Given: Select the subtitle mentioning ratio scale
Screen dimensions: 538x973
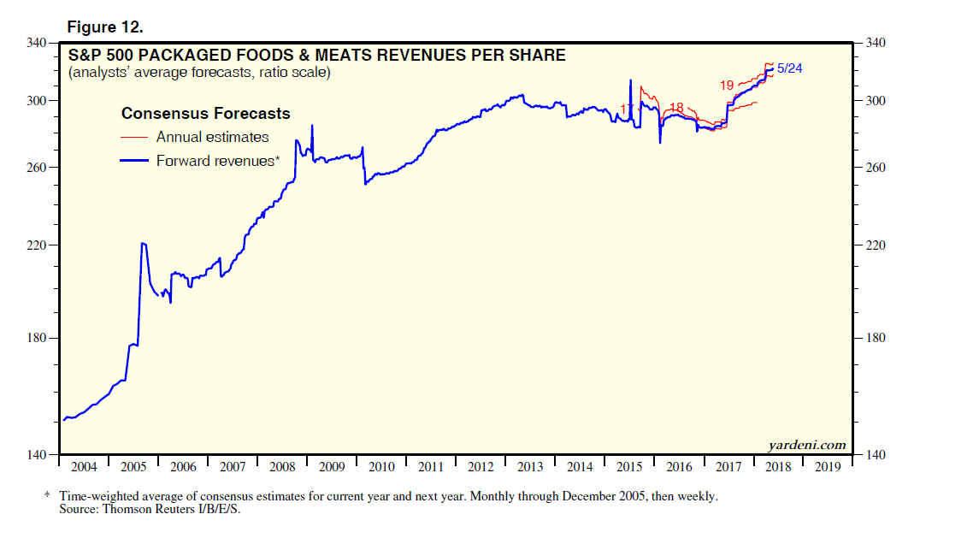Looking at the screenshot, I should point(199,73).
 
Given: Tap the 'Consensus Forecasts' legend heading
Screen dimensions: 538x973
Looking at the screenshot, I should point(205,114).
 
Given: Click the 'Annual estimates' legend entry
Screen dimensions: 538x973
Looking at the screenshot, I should point(212,137).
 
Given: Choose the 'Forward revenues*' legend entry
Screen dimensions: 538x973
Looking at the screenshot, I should point(217,160).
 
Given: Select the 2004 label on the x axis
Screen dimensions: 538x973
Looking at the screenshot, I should point(84,467).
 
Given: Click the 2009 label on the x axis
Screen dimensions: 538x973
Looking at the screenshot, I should point(332,467).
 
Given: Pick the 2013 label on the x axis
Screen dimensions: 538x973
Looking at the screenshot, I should point(530,467).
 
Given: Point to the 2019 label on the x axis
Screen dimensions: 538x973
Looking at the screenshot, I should point(828,467).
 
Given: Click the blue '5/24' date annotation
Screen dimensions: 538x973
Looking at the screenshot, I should point(789,68).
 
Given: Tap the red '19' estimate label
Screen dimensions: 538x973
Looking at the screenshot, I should point(727,86).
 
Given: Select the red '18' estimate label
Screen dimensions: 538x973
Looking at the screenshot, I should point(677,107).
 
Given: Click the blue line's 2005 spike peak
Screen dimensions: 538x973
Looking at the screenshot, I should point(143,244).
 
